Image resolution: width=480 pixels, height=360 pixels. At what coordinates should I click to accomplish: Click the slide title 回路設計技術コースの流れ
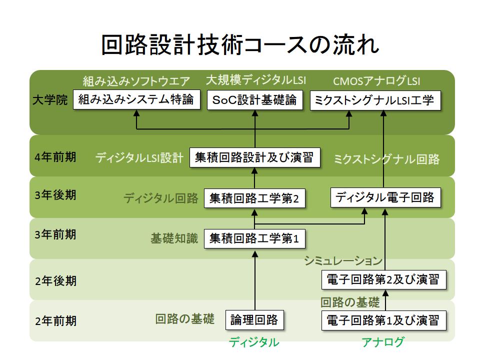pyautogui.click(x=240, y=45)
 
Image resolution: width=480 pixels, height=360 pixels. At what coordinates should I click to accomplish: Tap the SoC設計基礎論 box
pyautogui.click(x=254, y=99)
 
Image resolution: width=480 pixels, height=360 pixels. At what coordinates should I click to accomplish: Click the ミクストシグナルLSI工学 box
pyautogui.click(x=375, y=99)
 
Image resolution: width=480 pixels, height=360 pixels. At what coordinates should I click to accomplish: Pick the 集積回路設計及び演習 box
pyautogui.click(x=254, y=158)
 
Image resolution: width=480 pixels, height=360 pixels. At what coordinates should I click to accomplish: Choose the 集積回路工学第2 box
pyautogui.click(x=254, y=198)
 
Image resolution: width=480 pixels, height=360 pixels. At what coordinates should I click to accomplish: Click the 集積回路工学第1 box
pyautogui.click(x=254, y=239)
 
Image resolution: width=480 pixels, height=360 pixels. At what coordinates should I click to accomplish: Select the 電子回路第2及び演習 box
pyautogui.click(x=383, y=279)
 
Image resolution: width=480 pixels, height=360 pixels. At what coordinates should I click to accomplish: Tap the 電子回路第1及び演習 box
pyautogui.click(x=383, y=319)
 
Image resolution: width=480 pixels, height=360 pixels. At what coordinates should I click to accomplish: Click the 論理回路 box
pyautogui.click(x=254, y=319)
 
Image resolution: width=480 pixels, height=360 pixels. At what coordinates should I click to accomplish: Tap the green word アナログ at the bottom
pyautogui.click(x=382, y=342)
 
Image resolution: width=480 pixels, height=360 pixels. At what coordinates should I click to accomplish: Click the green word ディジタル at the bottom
pyautogui.click(x=254, y=342)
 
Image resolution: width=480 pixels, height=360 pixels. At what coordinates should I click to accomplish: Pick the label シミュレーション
pyautogui.click(x=343, y=260)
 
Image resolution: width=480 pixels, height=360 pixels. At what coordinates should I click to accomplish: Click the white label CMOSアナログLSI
pyautogui.click(x=377, y=81)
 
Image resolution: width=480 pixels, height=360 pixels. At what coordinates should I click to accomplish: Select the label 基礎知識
pyautogui.click(x=174, y=239)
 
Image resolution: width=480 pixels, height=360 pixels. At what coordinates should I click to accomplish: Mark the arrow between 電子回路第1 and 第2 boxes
pyautogui.click(x=385, y=299)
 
